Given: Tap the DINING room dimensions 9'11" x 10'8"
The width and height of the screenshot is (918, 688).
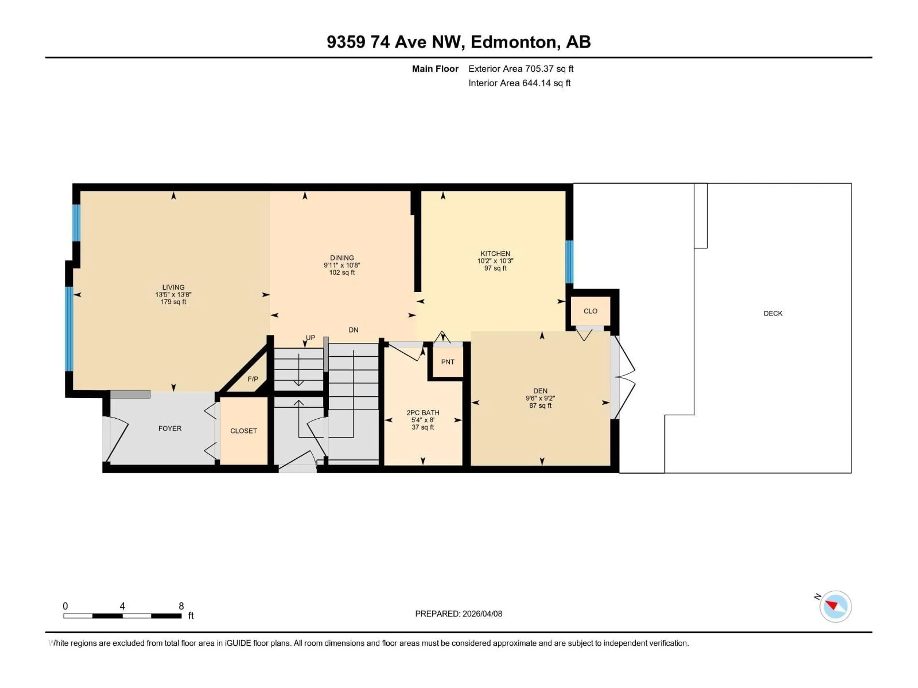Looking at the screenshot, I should pyautogui.click(x=342, y=265).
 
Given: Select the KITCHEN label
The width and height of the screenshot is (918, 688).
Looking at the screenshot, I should pyautogui.click(x=495, y=253).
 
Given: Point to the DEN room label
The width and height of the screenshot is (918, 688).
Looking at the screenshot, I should pyautogui.click(x=540, y=391).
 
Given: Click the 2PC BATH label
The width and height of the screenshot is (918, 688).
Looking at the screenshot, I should pyautogui.click(x=422, y=413).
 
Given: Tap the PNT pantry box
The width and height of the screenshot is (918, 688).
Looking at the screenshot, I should pyautogui.click(x=447, y=362).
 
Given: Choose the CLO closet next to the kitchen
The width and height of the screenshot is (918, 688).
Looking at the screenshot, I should pyautogui.click(x=590, y=311).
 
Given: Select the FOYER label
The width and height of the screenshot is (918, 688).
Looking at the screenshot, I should pyautogui.click(x=170, y=428).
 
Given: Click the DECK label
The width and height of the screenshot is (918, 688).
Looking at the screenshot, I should pyautogui.click(x=773, y=313).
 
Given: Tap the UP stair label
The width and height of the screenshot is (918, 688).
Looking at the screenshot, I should pyautogui.click(x=311, y=338).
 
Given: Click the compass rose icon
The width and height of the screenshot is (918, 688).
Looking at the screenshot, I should pyautogui.click(x=836, y=606).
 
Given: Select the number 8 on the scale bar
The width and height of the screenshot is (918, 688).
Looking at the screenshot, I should pyautogui.click(x=181, y=606).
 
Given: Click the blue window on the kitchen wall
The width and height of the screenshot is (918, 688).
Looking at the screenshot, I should pyautogui.click(x=569, y=262).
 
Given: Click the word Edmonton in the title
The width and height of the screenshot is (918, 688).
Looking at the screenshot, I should pyautogui.click(x=513, y=42).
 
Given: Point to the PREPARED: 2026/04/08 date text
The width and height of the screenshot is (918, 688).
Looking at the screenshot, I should pyautogui.click(x=458, y=614).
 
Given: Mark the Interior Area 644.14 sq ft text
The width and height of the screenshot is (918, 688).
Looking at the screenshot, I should pyautogui.click(x=519, y=83).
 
